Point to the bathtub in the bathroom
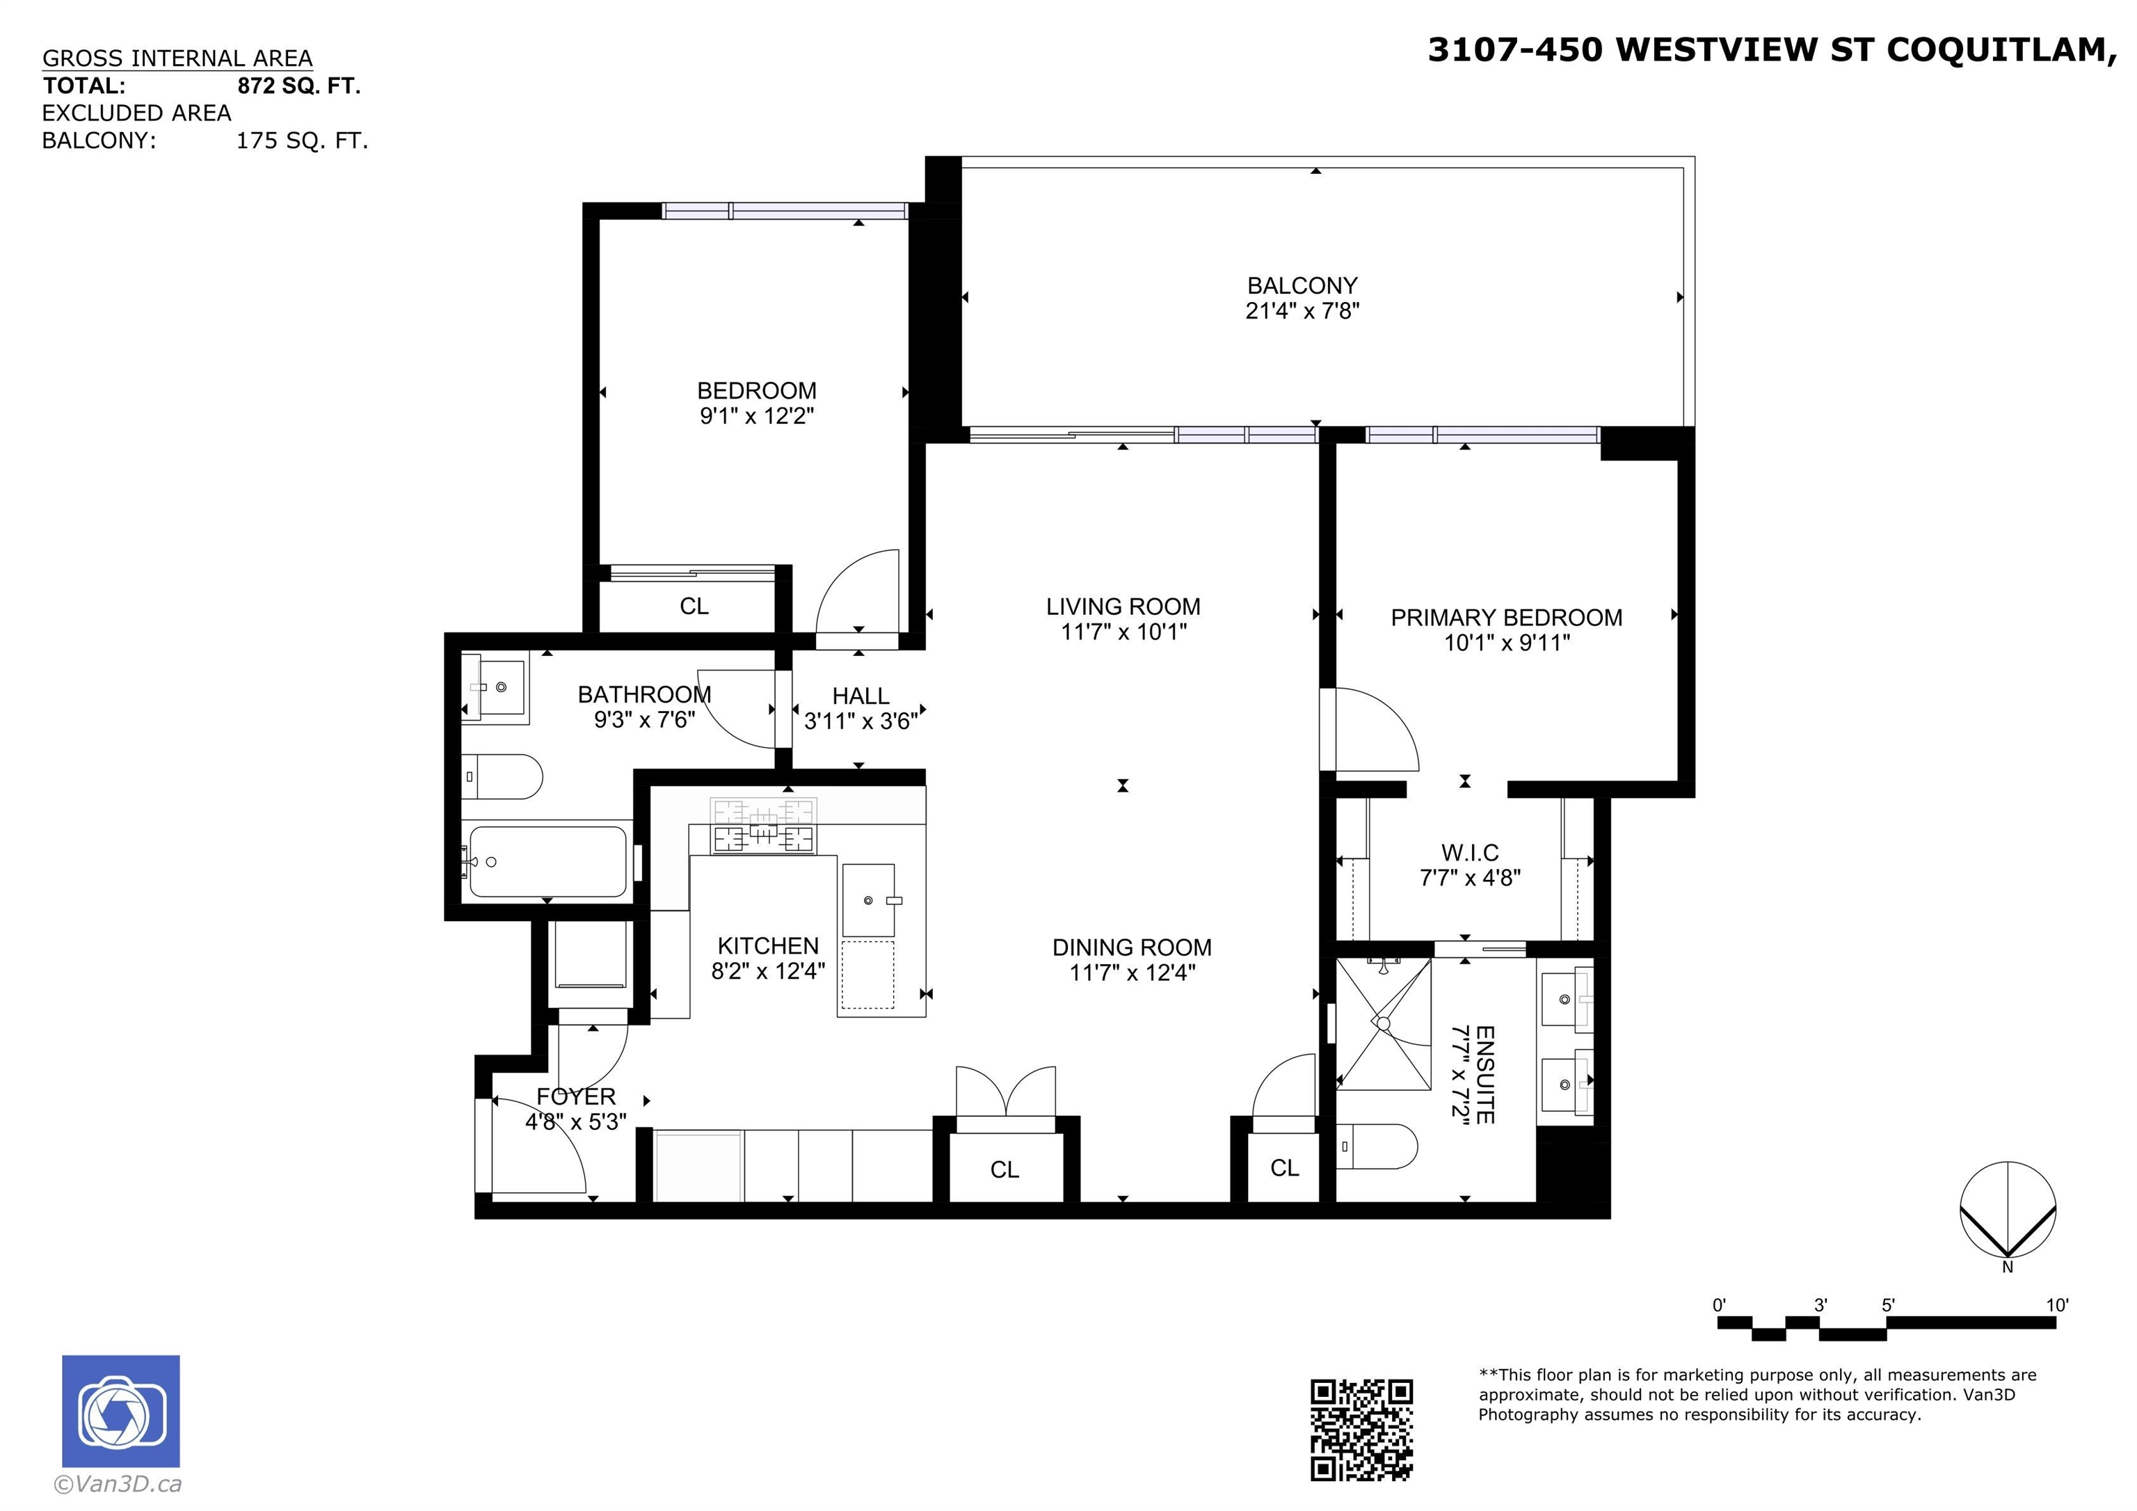[x=547, y=861]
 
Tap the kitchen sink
[x=868, y=900]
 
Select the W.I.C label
[x=1470, y=853]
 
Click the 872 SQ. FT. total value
[x=298, y=86]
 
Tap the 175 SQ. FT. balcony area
[x=302, y=141]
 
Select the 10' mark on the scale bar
[x=2057, y=1305]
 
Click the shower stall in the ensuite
[x=1383, y=1023]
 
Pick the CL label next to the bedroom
[x=694, y=606]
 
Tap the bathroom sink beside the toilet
[x=495, y=687]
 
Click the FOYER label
[x=575, y=1096]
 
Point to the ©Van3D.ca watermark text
[x=118, y=1484]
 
